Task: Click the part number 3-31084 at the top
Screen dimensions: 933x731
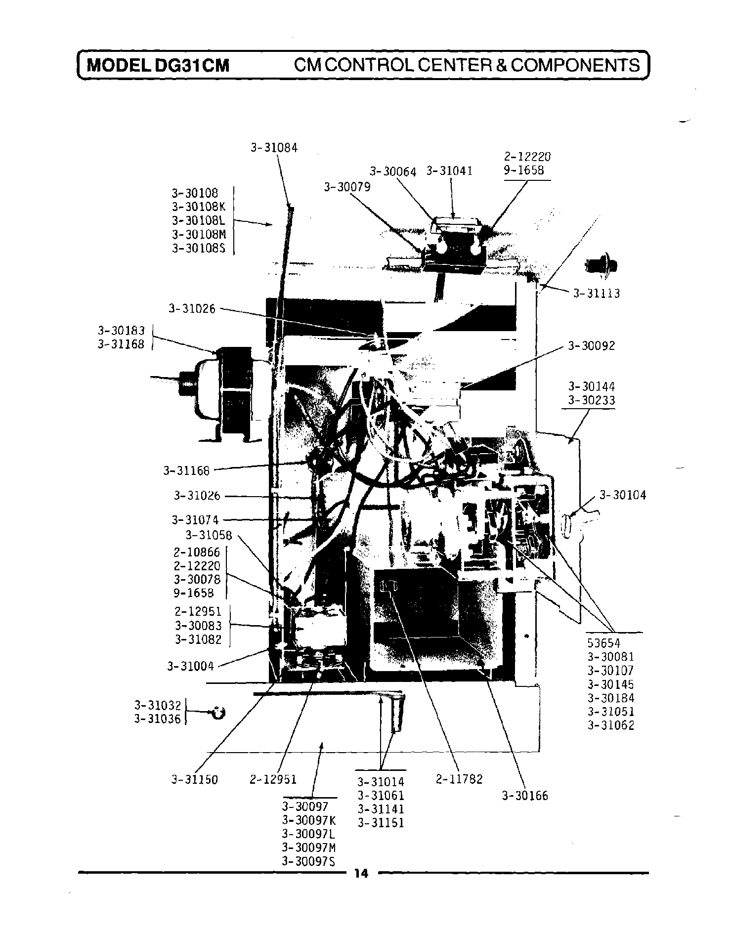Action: [274, 148]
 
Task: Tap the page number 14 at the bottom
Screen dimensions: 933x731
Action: [361, 874]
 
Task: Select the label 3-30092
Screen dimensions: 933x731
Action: [591, 346]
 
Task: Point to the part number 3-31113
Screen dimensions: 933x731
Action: [596, 294]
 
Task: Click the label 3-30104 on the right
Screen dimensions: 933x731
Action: [622, 495]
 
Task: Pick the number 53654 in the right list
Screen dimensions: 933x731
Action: [603, 643]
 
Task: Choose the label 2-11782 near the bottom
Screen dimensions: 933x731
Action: [459, 779]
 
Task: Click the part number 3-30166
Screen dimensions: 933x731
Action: [525, 796]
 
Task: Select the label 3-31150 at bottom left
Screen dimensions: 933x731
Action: [194, 780]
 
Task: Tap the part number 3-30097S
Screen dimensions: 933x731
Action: [308, 861]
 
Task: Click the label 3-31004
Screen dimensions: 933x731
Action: [190, 667]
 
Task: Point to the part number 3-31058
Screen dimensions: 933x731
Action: [209, 535]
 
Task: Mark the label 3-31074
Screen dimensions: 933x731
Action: [195, 520]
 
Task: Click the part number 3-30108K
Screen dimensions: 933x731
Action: [198, 207]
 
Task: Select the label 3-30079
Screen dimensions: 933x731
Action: [347, 187]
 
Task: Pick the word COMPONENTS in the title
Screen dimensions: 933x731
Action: [575, 65]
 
